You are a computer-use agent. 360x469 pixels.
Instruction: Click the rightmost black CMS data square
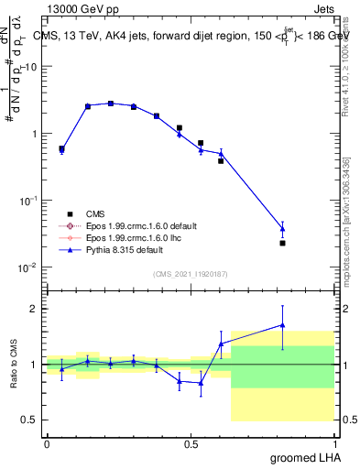click(282, 243)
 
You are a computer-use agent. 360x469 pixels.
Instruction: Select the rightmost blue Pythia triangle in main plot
click(282, 228)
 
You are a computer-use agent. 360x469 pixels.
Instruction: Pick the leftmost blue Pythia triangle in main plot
click(61, 150)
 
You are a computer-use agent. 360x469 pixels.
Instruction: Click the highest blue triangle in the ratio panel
click(282, 324)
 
